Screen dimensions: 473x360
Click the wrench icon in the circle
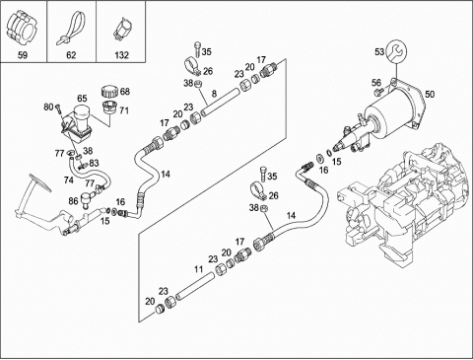pos(396,51)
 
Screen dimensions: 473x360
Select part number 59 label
pos(23,54)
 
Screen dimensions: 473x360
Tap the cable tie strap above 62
pos(71,27)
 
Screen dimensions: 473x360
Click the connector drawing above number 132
pos(121,29)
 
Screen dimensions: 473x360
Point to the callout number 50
pos(430,95)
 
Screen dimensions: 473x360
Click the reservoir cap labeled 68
pos(109,92)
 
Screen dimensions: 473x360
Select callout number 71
pos(124,110)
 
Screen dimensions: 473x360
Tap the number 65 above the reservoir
pos(82,99)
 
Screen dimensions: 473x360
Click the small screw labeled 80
pos(58,108)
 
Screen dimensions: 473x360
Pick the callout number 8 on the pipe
pos(214,94)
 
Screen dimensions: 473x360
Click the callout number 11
pos(198,269)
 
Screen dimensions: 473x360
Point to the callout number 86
pos(73,199)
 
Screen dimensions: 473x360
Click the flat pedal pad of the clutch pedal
pos(40,183)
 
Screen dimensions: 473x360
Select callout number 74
pos(69,180)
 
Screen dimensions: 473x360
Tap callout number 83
pos(94,163)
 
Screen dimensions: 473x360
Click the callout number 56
pos(376,83)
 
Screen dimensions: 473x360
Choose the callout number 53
pos(379,52)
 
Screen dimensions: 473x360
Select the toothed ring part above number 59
pos(22,27)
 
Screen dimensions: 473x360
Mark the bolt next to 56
pos(378,93)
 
